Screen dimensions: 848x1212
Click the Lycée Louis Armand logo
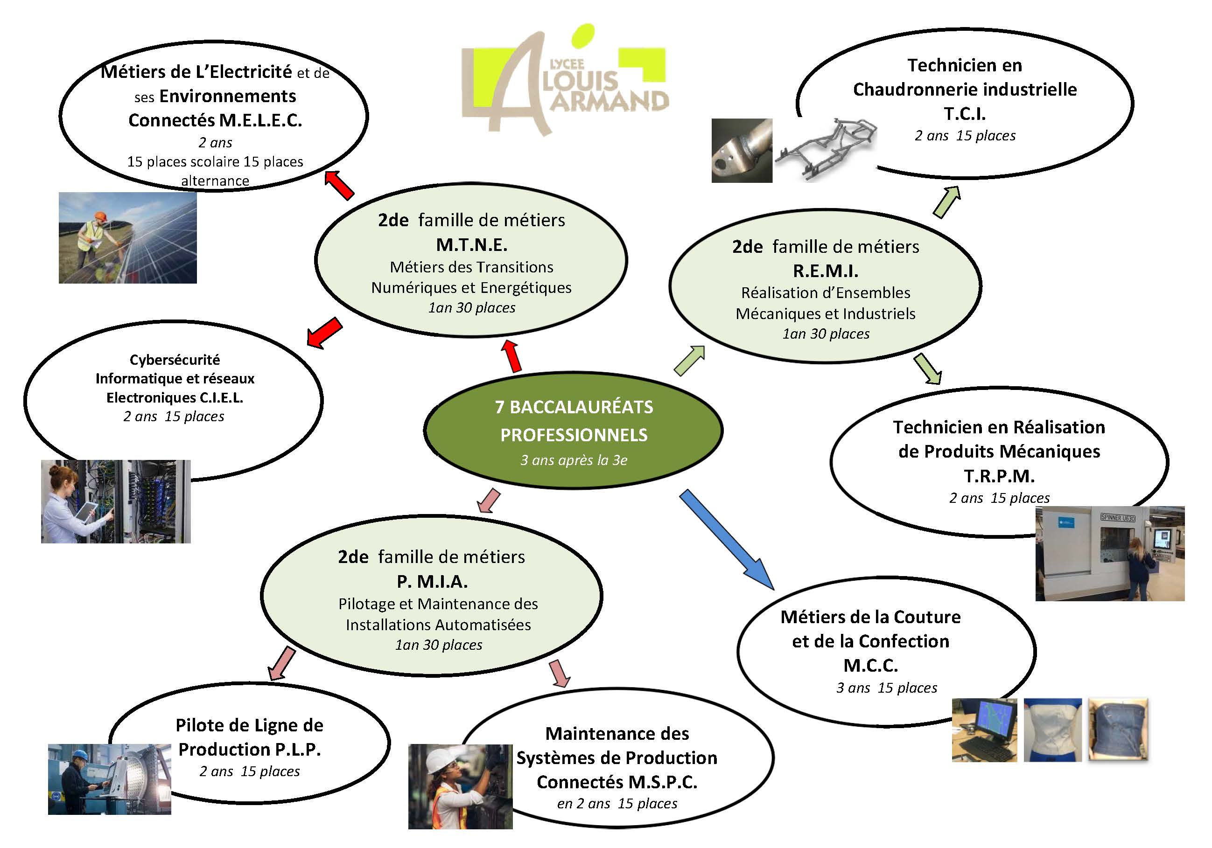[565, 82]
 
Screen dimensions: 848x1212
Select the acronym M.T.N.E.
[471, 244]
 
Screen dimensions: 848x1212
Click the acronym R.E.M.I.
[826, 271]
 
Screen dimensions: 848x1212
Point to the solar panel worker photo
[127, 237]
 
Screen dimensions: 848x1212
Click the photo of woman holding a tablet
[116, 501]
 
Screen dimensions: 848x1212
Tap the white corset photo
[1052, 730]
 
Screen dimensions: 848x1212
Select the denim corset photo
[1118, 730]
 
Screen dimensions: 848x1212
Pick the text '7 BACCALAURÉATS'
[574, 407]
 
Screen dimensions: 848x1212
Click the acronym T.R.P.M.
[999, 476]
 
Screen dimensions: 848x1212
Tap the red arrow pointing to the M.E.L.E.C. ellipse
[338, 185]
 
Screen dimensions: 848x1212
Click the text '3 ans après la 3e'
[574, 460]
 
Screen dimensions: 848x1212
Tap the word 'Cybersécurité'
[175, 360]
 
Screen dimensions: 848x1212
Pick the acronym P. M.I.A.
[432, 582]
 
